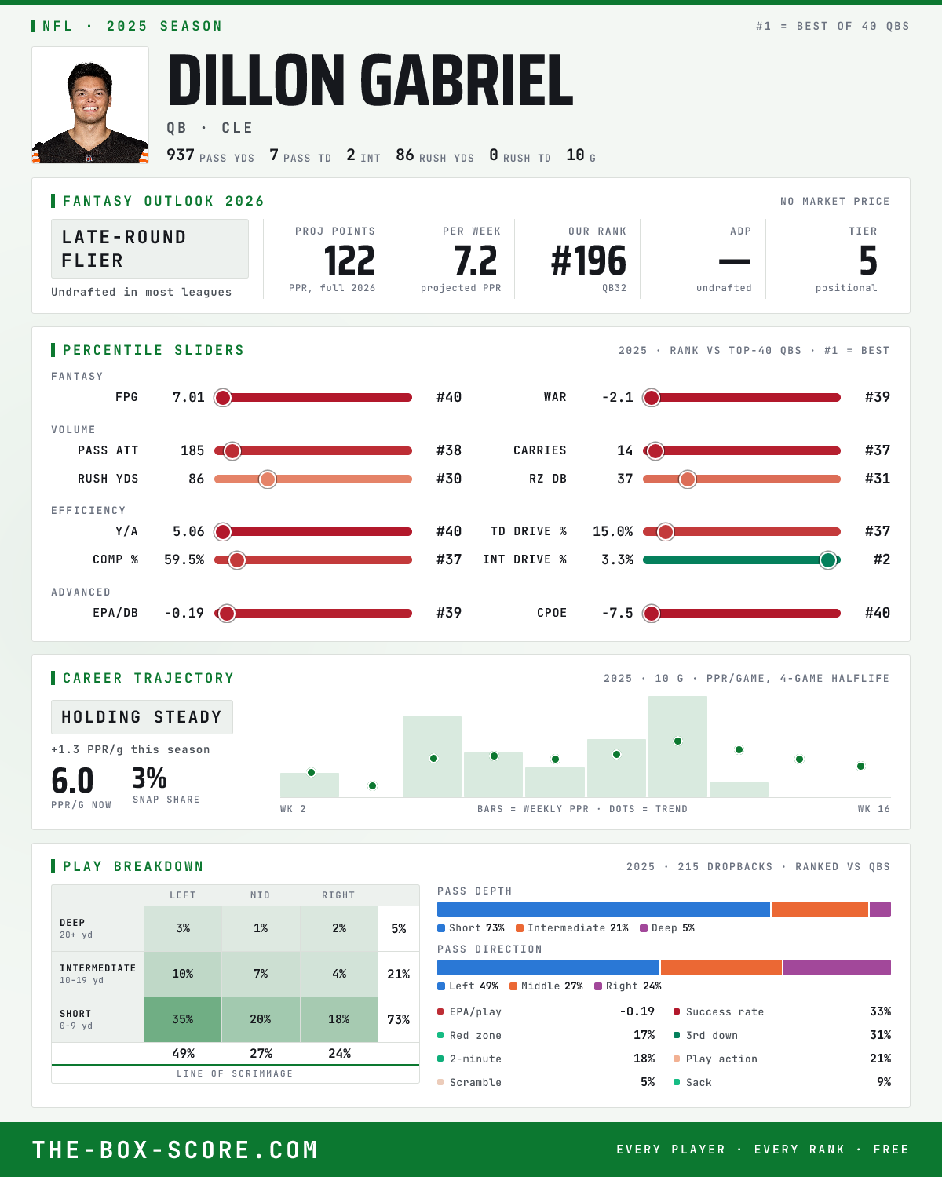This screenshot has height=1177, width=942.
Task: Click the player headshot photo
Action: click(90, 105)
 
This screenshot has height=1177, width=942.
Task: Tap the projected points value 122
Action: click(349, 261)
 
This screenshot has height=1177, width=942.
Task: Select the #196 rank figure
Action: click(589, 261)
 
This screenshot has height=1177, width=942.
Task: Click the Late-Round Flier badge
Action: click(149, 249)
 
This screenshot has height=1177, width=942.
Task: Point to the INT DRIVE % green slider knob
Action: click(828, 560)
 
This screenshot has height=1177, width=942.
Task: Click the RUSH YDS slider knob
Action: click(268, 479)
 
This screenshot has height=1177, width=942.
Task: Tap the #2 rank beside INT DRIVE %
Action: click(882, 559)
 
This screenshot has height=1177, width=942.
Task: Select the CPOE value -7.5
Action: click(618, 613)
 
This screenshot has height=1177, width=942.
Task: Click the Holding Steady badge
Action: click(142, 717)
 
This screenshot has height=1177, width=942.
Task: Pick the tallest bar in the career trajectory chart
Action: click(677, 746)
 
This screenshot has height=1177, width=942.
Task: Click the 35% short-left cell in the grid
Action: click(183, 1019)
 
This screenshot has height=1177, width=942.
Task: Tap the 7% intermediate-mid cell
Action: click(261, 974)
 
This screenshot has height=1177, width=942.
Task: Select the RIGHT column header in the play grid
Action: click(338, 895)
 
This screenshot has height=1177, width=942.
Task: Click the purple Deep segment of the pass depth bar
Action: click(880, 909)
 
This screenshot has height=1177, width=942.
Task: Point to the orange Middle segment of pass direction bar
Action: click(721, 967)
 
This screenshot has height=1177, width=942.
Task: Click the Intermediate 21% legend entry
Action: click(572, 928)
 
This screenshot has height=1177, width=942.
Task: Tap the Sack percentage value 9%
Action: click(883, 1082)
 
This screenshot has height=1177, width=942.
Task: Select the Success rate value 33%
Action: click(880, 1011)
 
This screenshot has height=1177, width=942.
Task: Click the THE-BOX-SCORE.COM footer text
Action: click(174, 1150)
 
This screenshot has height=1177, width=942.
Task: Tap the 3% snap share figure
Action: click(149, 778)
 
